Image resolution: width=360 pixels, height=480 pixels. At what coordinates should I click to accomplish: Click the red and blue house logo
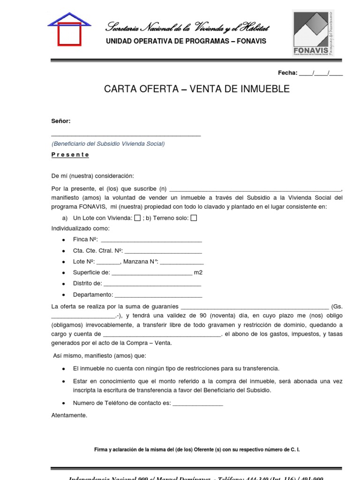point(69,29)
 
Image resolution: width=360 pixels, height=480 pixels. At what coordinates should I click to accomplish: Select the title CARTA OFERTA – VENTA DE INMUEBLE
point(197,89)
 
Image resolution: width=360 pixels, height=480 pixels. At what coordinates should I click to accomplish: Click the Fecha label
point(287,73)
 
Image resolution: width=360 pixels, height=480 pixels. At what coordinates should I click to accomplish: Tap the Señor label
point(61,121)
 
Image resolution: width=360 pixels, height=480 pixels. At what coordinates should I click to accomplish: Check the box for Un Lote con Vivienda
point(137,218)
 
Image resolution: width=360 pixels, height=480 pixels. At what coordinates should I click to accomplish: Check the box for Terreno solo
point(194,218)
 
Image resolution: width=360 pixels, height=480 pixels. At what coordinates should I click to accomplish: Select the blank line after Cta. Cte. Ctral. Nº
point(163,251)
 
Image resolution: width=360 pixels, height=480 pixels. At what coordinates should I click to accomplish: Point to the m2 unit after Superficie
point(198,272)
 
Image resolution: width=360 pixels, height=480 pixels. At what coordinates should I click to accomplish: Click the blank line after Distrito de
point(152,284)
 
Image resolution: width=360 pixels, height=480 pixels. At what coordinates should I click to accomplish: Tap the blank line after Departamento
point(158,295)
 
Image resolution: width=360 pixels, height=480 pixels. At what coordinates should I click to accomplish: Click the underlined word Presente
point(70,155)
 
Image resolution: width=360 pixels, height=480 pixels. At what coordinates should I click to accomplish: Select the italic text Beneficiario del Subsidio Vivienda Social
point(108,144)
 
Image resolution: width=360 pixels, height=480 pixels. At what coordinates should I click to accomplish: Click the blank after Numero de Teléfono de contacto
point(198,403)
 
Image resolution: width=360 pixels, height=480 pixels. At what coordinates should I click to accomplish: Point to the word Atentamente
point(69,415)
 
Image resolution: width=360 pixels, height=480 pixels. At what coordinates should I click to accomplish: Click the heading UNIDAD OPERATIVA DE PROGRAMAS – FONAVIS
point(186,41)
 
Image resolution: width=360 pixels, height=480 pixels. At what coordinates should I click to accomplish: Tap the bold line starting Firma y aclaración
point(197,450)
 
